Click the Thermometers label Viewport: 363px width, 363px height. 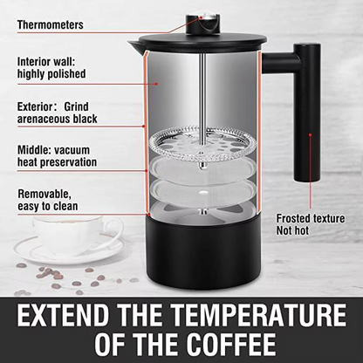(x=50, y=24)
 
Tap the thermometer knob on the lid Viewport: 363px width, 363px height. (x=212, y=17)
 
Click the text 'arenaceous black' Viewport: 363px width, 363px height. (x=57, y=119)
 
